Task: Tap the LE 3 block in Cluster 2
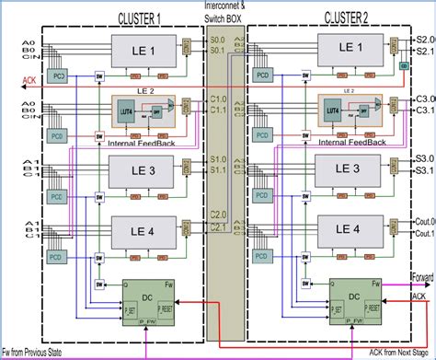coord(347,169)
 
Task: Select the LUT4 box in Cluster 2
coord(333,110)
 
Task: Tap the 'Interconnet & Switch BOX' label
coord(224,12)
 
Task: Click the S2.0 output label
coord(425,41)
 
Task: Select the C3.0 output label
coord(424,99)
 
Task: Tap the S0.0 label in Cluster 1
coord(218,41)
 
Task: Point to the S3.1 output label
coord(424,169)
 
